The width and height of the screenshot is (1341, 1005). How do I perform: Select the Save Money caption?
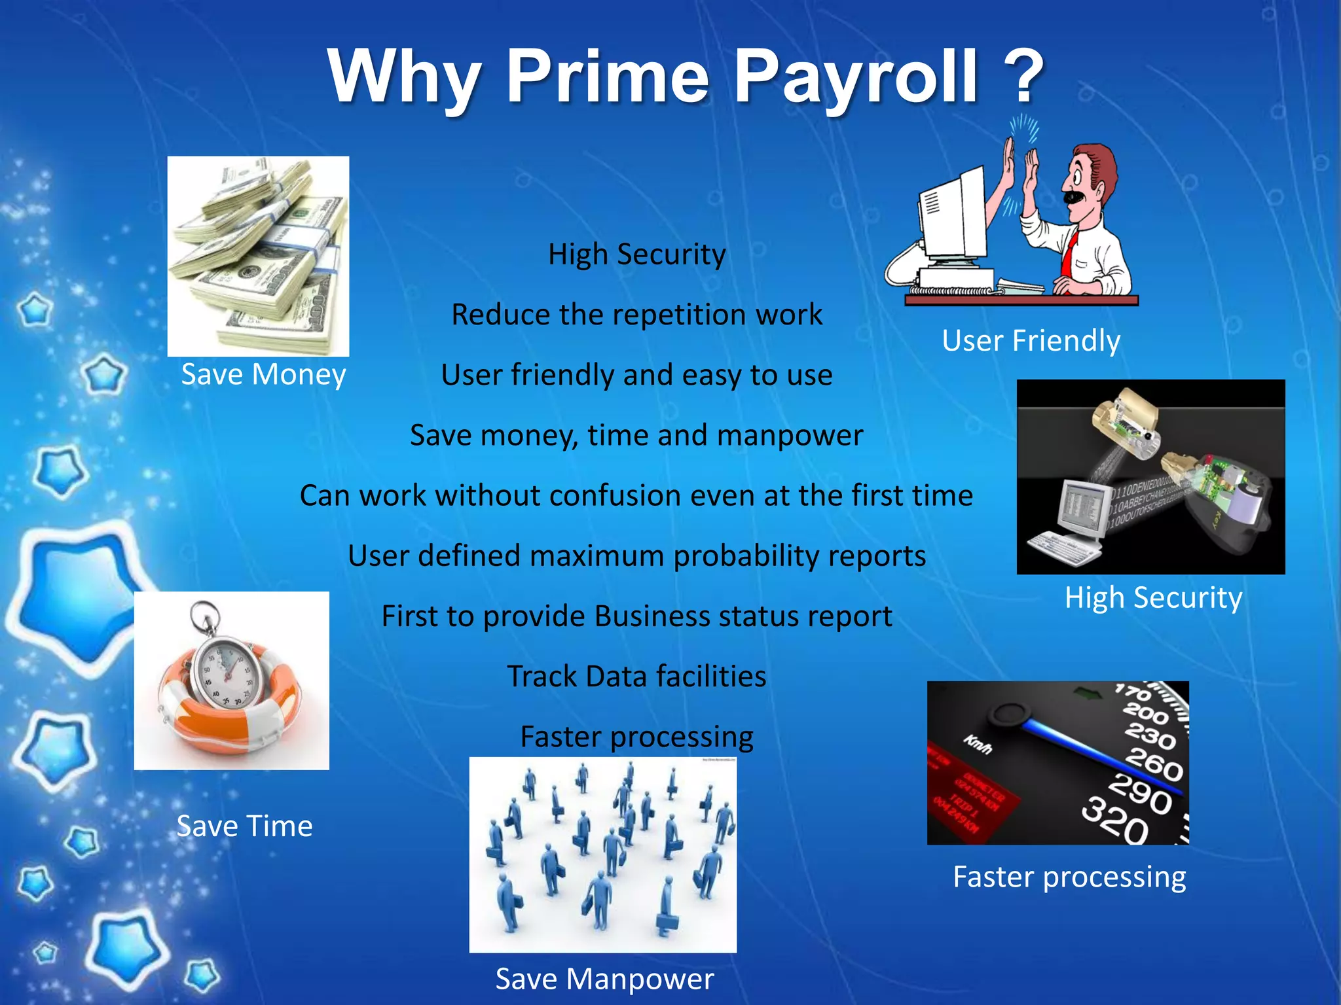pyautogui.click(x=263, y=375)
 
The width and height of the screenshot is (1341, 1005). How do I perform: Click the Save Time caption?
pyautogui.click(x=244, y=826)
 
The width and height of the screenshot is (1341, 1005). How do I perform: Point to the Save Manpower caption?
pyautogui.click(x=604, y=979)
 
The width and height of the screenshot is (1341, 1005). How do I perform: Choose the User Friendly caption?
pyautogui.click(x=1031, y=340)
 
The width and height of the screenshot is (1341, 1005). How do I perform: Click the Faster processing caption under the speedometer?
pyautogui.click(x=1069, y=877)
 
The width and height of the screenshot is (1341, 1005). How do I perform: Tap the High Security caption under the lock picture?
pyautogui.click(x=1153, y=597)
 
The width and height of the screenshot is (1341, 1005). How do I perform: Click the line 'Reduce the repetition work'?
pyautogui.click(x=636, y=315)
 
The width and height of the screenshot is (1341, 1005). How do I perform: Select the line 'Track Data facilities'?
pyautogui.click(x=636, y=677)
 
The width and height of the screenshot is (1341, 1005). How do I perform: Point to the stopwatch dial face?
pyautogui.click(x=226, y=671)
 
